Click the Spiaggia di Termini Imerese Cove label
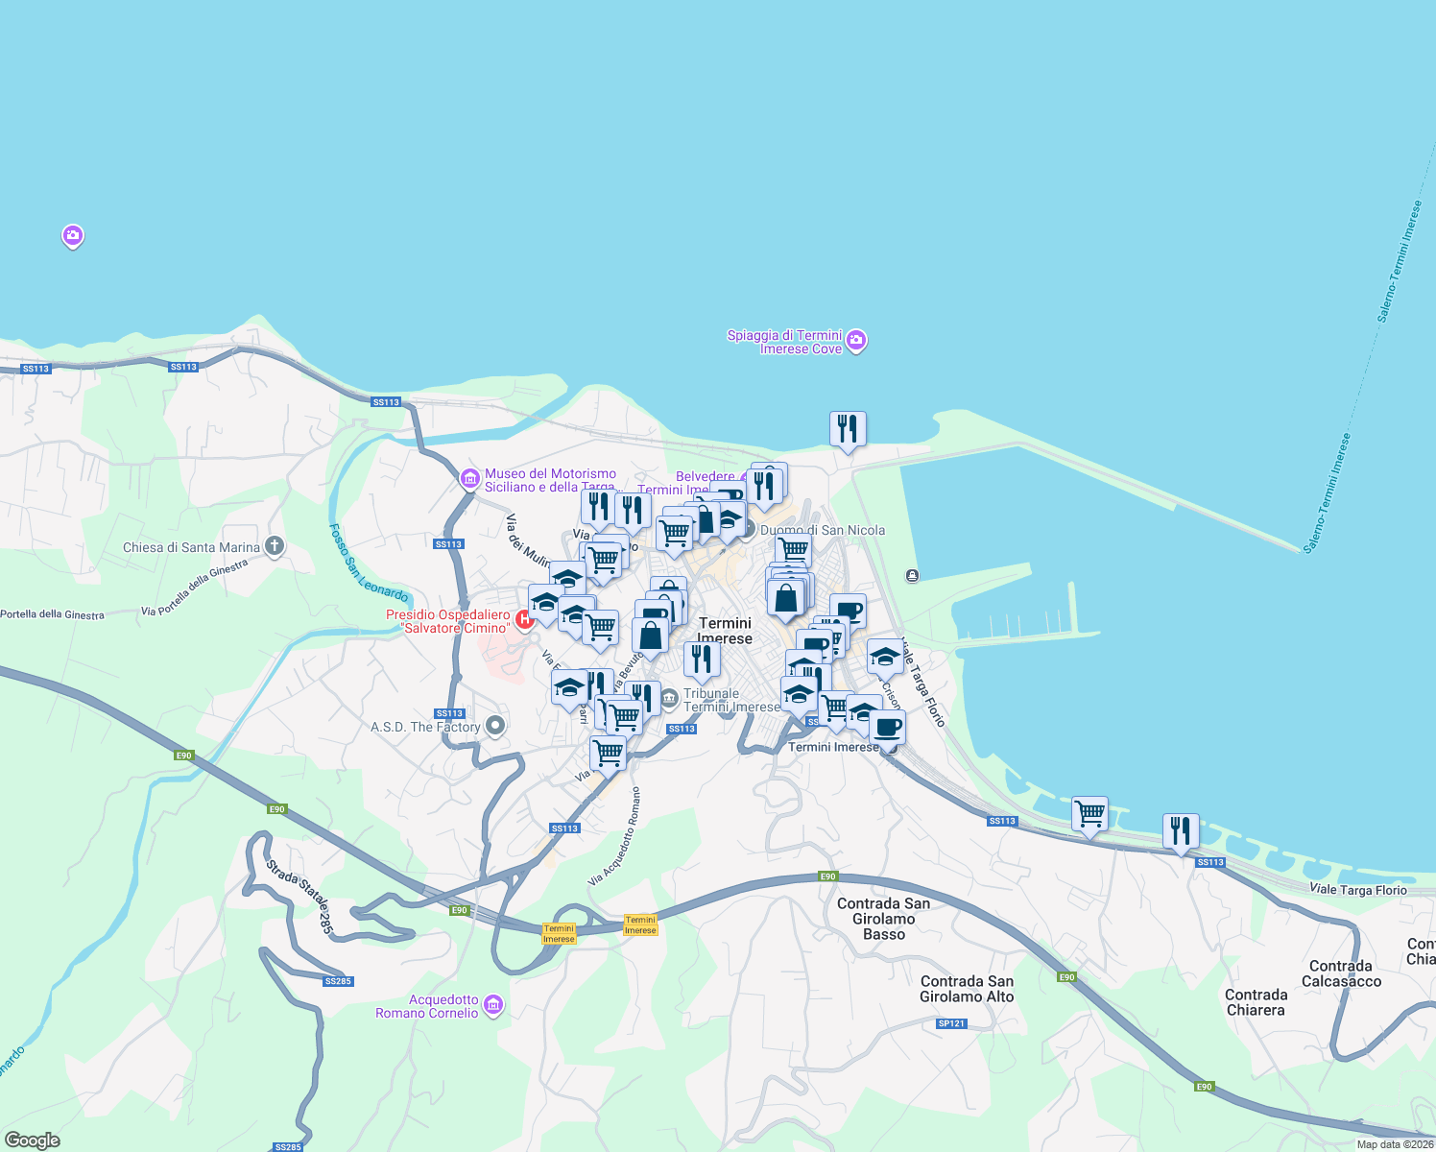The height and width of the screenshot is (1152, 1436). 784,342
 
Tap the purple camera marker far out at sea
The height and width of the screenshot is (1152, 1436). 72,235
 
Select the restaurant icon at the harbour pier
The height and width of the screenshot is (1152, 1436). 848,429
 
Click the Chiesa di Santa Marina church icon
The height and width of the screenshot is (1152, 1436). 275,547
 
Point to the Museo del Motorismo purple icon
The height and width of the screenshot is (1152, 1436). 469,478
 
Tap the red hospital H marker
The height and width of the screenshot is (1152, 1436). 524,620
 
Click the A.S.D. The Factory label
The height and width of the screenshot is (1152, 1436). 425,727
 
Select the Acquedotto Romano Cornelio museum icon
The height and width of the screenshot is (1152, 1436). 493,1005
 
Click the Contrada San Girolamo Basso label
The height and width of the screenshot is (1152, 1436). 883,919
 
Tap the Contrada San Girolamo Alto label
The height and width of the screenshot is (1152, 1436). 967,989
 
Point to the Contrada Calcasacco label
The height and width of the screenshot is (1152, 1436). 1341,973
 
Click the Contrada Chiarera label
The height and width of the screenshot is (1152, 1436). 1256,1002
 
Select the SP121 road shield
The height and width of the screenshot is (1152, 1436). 951,1023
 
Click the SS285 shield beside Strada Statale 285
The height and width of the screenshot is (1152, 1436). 338,981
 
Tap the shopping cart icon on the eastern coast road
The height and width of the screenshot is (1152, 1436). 1089,814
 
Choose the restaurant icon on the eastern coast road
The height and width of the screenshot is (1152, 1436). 1180,830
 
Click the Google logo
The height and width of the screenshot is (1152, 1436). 32,1140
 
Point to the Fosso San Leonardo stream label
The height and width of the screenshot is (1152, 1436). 368,564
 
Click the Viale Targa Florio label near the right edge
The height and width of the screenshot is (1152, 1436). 1358,890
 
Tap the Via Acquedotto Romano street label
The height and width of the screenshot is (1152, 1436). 614,836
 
